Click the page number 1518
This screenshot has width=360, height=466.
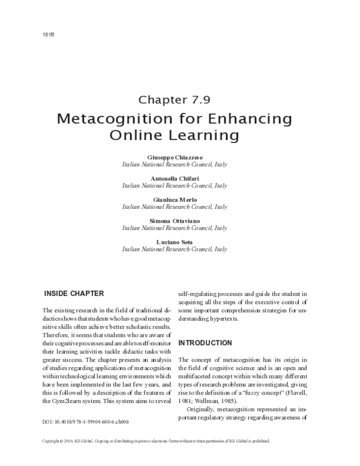tap(32, 35)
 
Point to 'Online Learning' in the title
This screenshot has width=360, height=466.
tap(174, 135)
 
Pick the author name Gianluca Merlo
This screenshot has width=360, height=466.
tap(174, 199)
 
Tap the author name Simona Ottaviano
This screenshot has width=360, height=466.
tap(174, 221)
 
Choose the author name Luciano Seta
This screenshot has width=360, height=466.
tap(174, 242)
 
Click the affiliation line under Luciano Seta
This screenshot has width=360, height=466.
tap(174, 249)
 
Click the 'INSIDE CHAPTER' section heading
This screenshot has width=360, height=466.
tap(74, 294)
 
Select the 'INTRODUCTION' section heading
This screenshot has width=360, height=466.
tap(205, 343)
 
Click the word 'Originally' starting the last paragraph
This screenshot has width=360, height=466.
tap(204, 409)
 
